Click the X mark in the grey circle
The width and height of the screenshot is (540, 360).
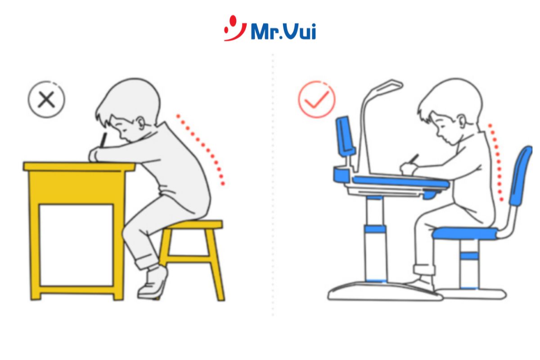click(x=46, y=99)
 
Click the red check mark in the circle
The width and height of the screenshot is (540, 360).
click(x=316, y=99)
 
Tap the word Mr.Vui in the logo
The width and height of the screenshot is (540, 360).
click(x=283, y=31)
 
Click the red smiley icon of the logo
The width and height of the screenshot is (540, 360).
click(x=234, y=28)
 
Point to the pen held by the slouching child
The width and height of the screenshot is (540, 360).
click(x=103, y=139)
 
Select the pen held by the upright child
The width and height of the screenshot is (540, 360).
click(x=414, y=159)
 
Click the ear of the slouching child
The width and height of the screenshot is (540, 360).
click(x=141, y=123)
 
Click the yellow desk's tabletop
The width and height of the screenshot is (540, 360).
click(x=79, y=166)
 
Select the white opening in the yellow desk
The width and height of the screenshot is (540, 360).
click(x=76, y=245)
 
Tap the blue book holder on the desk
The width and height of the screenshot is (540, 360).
click(x=346, y=135)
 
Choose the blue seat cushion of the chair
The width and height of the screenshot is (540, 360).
click(x=465, y=234)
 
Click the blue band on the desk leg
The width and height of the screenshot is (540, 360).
click(x=374, y=229)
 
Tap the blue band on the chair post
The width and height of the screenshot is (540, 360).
click(x=469, y=256)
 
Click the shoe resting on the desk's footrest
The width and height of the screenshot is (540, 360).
click(x=421, y=284)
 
